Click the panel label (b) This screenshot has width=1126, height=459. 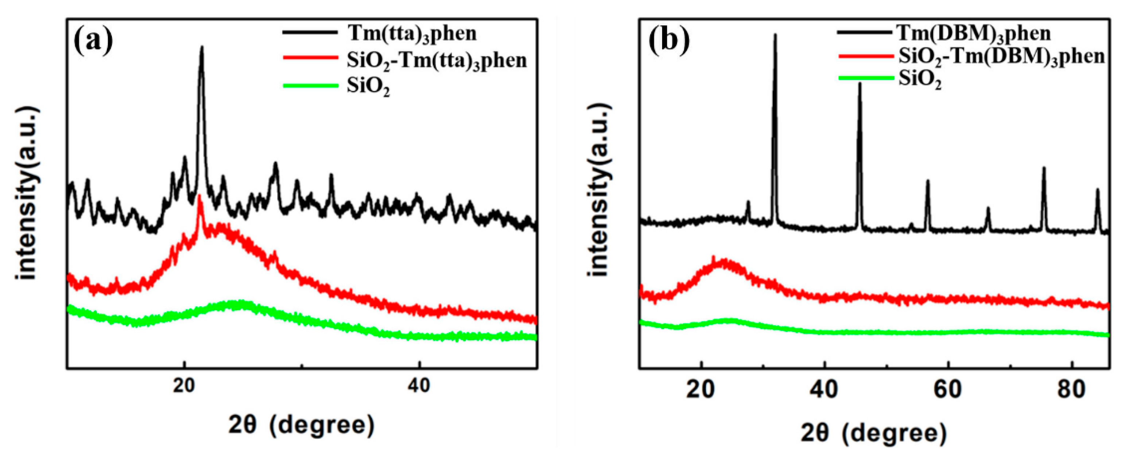point(669,40)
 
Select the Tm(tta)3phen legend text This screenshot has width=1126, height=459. point(412,33)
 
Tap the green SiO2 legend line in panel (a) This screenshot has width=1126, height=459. point(311,86)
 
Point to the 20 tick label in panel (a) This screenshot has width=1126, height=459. point(185,386)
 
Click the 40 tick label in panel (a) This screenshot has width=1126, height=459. point(419,386)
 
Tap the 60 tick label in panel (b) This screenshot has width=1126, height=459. point(948,389)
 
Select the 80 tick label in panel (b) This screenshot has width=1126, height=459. point(1072,389)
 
